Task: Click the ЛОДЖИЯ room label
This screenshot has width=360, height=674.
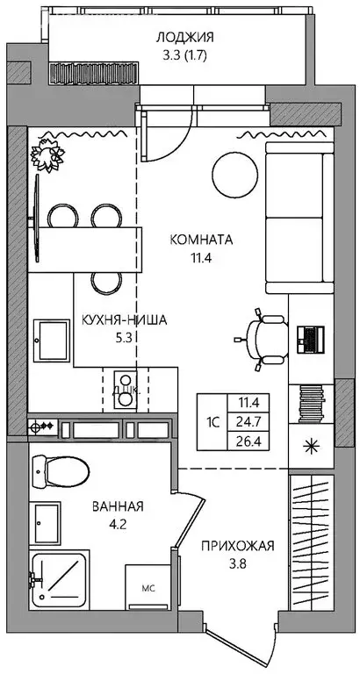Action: coord(184,37)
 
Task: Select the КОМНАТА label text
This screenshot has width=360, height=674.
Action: coord(201,238)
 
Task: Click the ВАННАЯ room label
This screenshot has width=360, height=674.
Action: coord(118,506)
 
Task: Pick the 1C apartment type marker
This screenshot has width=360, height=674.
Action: coord(212,421)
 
